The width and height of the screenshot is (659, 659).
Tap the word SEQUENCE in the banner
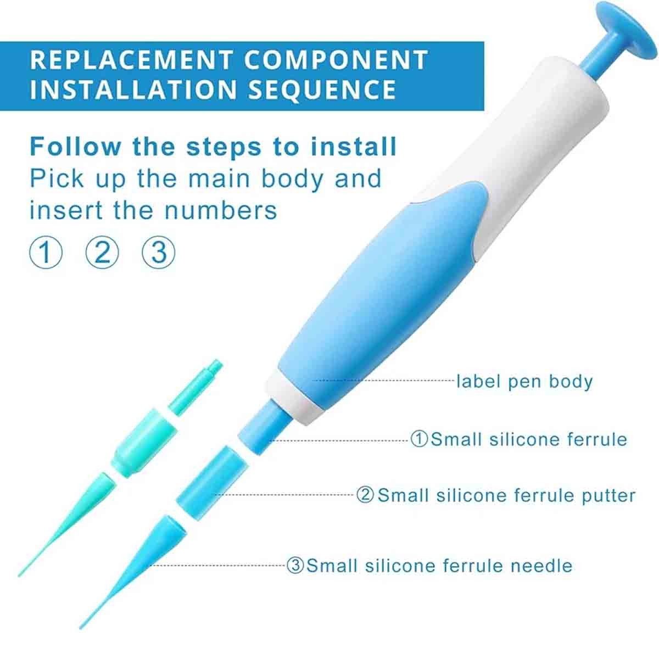tap(322, 89)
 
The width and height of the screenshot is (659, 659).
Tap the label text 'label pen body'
tap(524, 381)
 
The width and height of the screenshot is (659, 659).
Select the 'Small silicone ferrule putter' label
tap(495, 495)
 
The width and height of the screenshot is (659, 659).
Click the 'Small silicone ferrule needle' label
tap(429, 565)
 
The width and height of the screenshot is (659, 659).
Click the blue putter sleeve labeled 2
tap(211, 479)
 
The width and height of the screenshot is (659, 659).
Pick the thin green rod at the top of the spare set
tap(196, 387)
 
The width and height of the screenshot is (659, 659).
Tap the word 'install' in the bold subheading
tap(353, 147)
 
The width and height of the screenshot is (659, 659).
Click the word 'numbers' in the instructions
tap(221, 210)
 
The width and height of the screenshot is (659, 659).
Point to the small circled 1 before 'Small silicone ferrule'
tap(419, 439)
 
